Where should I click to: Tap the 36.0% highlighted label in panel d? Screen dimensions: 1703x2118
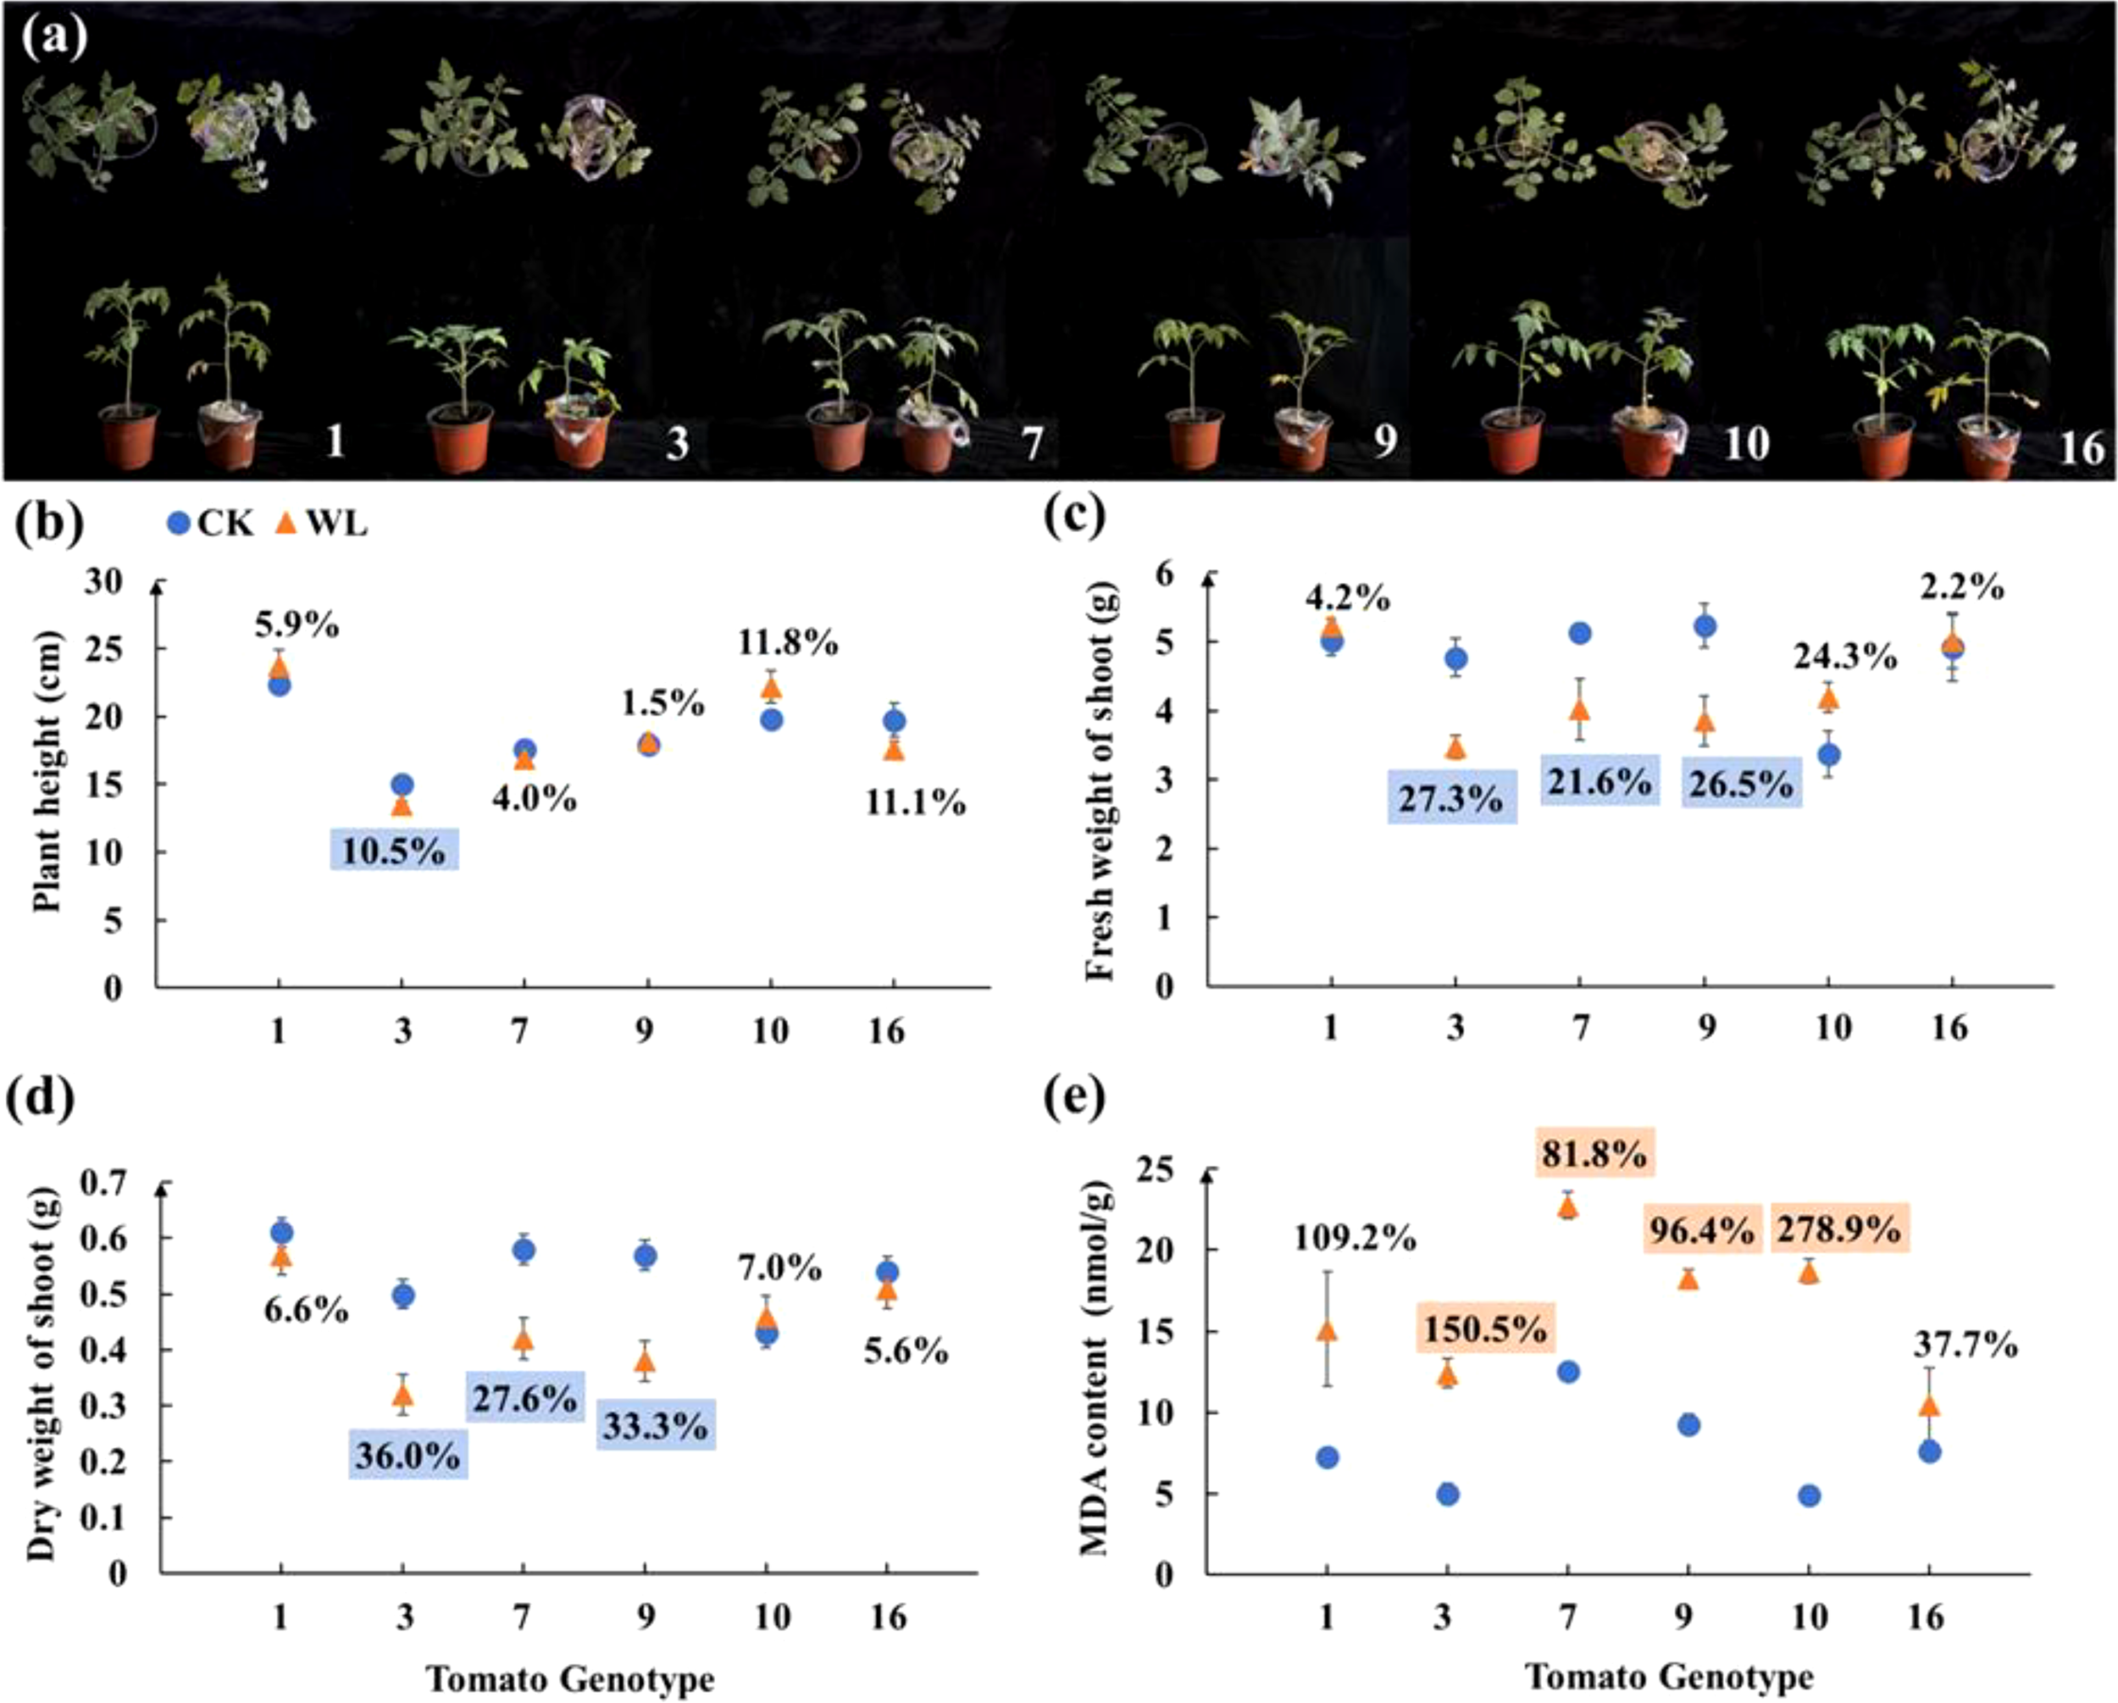[408, 1456]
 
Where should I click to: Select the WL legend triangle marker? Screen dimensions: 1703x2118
[285, 524]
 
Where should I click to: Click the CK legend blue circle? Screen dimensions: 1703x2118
[178, 524]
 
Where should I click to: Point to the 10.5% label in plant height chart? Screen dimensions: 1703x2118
[394, 851]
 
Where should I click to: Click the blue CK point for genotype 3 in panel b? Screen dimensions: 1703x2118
[402, 785]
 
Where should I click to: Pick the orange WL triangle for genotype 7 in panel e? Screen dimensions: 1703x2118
[1568, 1207]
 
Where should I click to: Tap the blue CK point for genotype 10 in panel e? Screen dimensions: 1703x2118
[1809, 1495]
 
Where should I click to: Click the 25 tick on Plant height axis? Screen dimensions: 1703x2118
[109, 650]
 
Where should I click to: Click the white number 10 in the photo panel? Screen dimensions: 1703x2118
[1746, 444]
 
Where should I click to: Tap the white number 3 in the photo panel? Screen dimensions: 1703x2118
[677, 444]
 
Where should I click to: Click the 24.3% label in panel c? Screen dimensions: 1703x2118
[1844, 657]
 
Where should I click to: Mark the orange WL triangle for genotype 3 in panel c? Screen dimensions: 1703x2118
[1455, 749]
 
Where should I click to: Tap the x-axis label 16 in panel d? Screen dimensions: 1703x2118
[887, 1617]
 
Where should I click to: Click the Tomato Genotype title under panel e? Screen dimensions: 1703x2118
[1669, 1676]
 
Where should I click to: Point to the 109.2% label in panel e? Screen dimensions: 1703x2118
[1354, 1240]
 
